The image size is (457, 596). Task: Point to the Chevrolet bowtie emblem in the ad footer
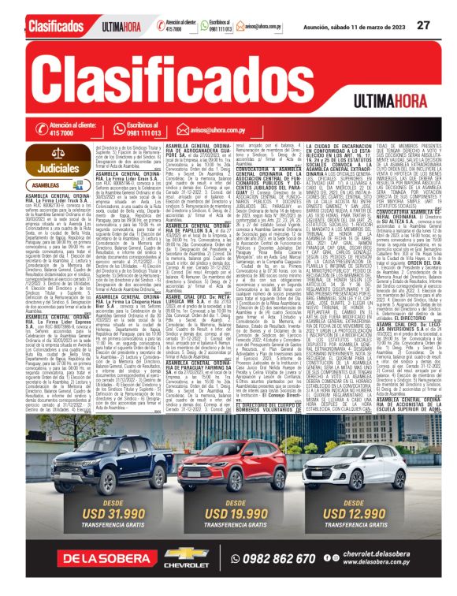[186, 554]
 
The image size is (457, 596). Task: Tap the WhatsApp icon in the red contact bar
[119, 129]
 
